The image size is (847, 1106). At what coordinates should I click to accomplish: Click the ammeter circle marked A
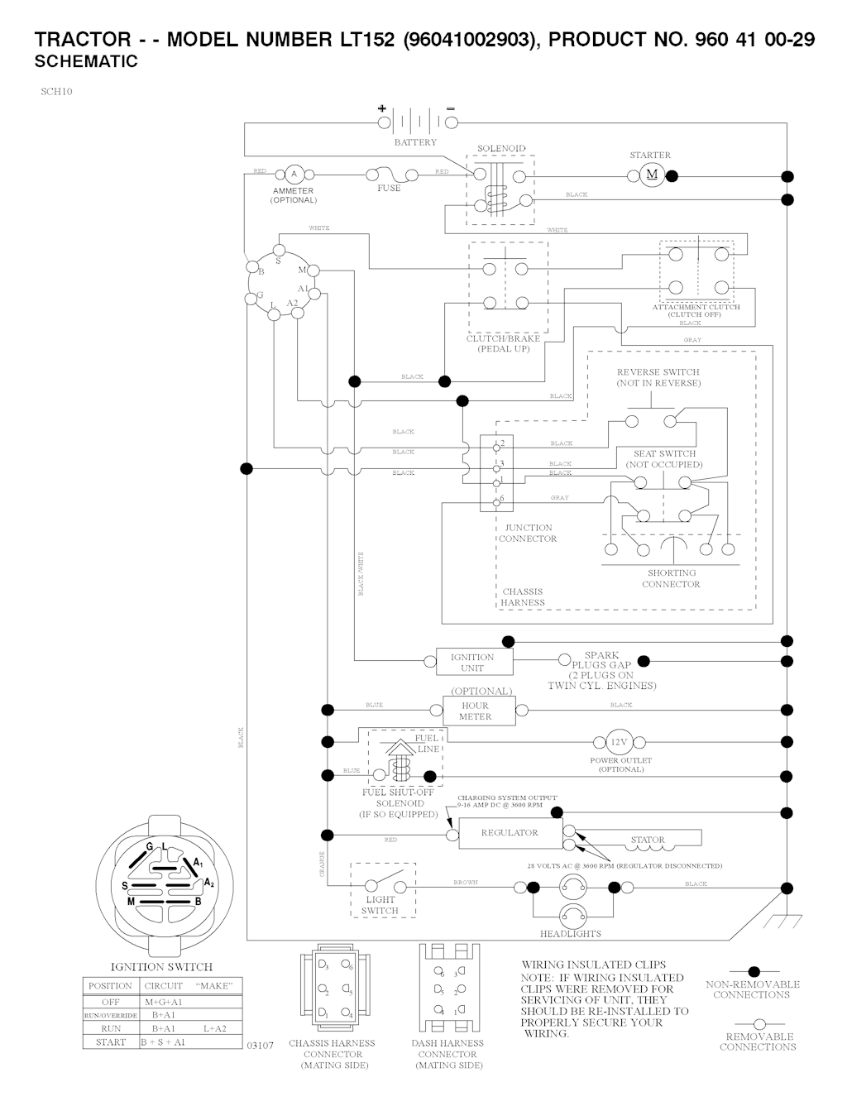coord(293,174)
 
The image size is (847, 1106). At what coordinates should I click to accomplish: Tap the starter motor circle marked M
coord(651,175)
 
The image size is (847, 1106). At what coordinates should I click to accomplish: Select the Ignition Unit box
coord(472,662)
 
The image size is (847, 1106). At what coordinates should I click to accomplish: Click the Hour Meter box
coord(476,711)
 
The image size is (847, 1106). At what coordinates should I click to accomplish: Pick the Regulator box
coord(510,833)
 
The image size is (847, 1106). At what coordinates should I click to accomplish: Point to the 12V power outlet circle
coord(620,741)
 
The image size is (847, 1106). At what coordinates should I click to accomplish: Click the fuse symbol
coord(389,175)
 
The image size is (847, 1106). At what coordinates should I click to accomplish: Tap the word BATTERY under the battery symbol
coord(415,142)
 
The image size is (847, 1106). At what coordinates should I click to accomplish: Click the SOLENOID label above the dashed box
coord(501,149)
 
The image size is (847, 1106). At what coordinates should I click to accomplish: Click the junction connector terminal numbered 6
coord(497,500)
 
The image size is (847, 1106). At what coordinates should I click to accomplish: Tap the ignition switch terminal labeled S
coord(280,250)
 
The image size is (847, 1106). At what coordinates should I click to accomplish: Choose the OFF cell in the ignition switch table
coord(110,1002)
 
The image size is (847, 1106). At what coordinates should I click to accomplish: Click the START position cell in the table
coord(110,1042)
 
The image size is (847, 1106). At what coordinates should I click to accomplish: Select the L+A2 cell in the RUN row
coord(218,1028)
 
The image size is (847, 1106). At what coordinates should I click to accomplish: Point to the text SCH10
coord(56,92)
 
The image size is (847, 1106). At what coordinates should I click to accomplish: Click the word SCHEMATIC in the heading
coord(87,62)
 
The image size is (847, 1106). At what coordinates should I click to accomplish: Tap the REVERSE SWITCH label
coord(658,372)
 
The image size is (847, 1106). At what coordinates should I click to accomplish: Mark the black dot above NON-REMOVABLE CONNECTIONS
coord(753,971)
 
